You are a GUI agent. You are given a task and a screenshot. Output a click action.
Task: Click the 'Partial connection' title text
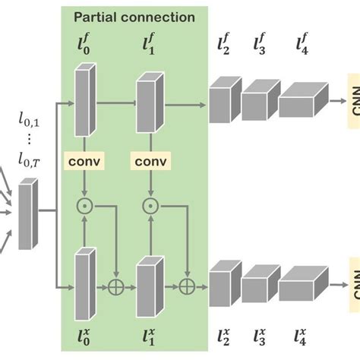click(134, 16)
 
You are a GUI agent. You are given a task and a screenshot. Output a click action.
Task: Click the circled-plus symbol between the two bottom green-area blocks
click(117, 287)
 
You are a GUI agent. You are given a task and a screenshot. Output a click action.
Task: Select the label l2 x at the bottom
click(223, 335)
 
